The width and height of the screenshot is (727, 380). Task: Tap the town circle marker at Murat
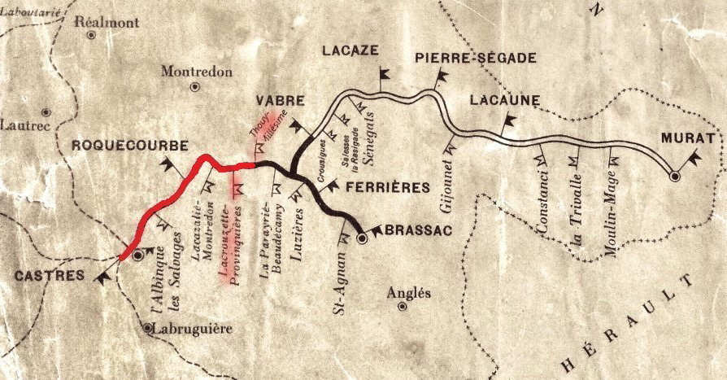point(674,175)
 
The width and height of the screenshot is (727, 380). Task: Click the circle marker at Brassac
point(363,239)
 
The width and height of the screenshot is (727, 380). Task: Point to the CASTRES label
point(50,276)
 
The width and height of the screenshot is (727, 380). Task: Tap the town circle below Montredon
point(194,86)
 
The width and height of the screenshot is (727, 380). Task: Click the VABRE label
point(281,101)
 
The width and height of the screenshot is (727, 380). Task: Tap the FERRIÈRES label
point(387,188)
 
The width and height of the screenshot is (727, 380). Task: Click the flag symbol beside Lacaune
point(509,123)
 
